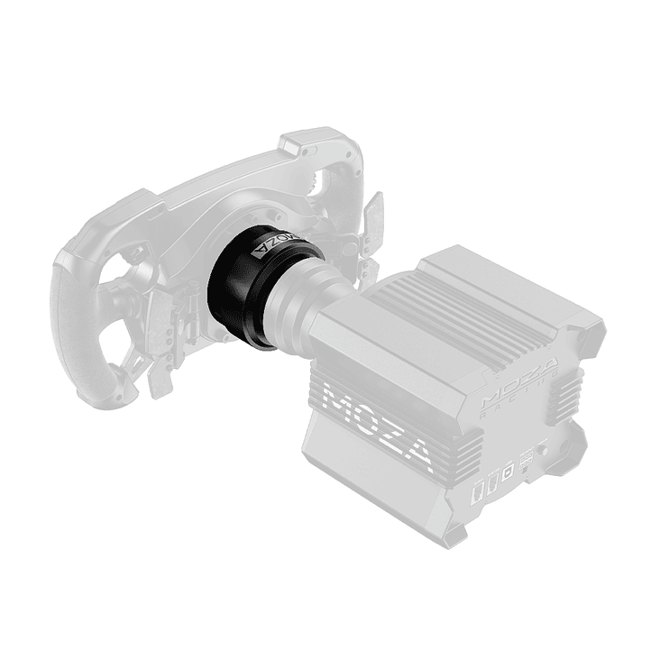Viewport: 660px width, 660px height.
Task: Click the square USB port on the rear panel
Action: tap(508, 468)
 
